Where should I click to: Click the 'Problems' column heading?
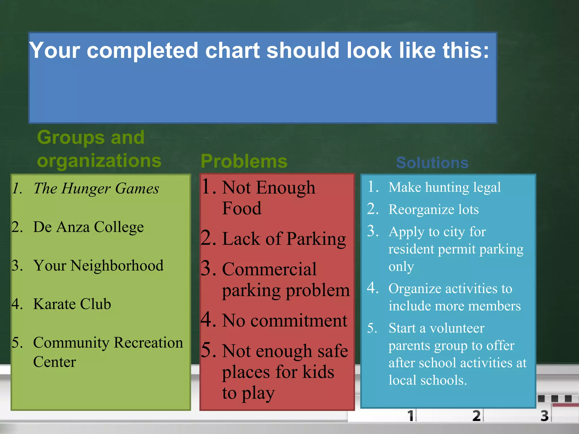click(244, 161)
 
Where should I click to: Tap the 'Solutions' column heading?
click(432, 163)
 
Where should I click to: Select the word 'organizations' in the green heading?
click(99, 161)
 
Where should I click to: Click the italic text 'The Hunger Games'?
click(96, 188)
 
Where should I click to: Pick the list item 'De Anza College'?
click(88, 227)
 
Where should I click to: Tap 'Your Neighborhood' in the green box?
click(98, 266)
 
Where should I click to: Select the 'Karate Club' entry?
click(72, 304)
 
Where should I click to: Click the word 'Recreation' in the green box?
click(148, 343)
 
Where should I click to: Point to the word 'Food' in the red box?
click(242, 209)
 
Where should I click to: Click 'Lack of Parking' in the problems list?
click(284, 239)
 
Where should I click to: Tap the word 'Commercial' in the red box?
click(269, 269)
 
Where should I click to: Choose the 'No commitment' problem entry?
click(284, 321)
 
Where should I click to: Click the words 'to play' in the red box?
click(248, 393)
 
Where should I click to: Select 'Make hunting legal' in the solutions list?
click(444, 187)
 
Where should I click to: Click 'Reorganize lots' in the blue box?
click(433, 210)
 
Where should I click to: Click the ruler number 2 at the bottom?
click(476, 416)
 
